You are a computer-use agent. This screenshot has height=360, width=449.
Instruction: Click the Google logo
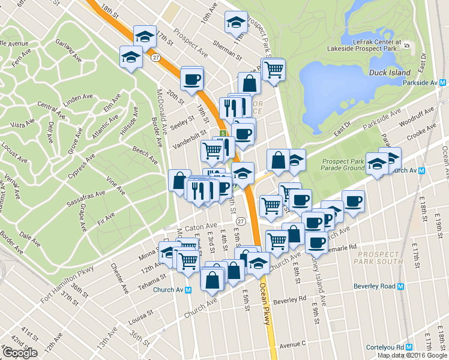click(x=20, y=353)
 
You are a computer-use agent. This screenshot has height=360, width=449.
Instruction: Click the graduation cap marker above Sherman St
click(x=236, y=23)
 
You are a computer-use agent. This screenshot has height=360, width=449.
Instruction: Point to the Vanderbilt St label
click(x=189, y=141)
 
